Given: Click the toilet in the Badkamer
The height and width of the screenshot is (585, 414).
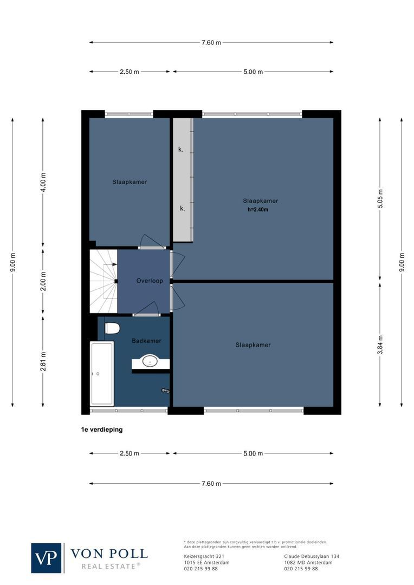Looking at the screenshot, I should click(113, 328).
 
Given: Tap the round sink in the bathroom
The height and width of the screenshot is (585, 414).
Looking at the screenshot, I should click(150, 361).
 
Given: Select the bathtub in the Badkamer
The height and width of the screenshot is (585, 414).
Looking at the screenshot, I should click(102, 373).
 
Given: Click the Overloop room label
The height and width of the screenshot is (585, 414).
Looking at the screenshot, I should click(150, 281).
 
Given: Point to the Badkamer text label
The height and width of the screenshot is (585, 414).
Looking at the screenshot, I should click(146, 341).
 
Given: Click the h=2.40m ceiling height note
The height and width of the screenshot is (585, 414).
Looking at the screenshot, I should click(258, 209).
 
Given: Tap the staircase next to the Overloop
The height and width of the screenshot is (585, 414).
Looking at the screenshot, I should click(103, 281).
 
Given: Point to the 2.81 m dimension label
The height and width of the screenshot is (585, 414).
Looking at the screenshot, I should click(43, 362).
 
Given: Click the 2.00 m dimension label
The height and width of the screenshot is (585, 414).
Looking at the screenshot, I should click(43, 281).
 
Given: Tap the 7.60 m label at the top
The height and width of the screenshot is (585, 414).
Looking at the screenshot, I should click(211, 42).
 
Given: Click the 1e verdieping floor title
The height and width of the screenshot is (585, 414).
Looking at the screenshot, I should click(102, 430).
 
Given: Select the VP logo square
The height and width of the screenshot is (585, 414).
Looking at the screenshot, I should click(47, 558).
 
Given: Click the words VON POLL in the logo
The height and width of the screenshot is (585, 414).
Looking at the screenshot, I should click(109, 554).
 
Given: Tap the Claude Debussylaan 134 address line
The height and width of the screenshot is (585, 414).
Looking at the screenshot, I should click(312, 556).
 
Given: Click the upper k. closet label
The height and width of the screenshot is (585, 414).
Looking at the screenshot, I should click(181, 149).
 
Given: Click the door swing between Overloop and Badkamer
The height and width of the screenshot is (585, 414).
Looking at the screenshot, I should click(147, 309).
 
